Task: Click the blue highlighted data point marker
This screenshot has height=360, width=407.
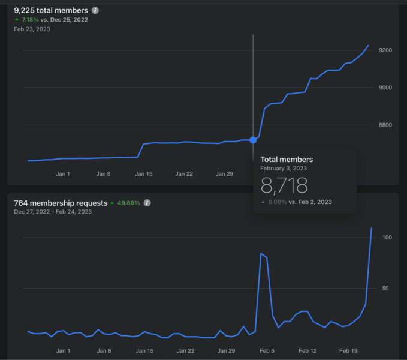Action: [253, 140]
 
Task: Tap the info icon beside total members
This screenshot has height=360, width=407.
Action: [95, 10]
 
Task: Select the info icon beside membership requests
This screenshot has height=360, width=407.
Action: [147, 203]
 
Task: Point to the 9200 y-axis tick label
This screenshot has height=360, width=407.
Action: [385, 50]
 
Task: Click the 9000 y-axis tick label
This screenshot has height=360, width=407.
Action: [385, 88]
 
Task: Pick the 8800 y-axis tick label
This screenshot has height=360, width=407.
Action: [385, 125]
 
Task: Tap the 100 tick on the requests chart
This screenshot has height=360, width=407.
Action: [387, 237]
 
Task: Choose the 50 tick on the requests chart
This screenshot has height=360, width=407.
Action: [385, 288]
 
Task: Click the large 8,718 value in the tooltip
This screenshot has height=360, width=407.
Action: [284, 185]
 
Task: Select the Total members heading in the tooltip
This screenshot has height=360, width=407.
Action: [287, 159]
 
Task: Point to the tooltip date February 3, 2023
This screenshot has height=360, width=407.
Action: [284, 169]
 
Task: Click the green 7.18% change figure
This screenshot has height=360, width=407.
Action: [31, 20]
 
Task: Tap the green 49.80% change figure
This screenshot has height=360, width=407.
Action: [128, 203]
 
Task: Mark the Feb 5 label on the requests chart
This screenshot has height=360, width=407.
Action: [267, 350]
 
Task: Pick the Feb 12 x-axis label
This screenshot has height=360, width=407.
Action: [307, 350]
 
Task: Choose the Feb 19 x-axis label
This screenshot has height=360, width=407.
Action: [348, 350]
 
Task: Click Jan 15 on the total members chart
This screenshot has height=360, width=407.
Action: [143, 174]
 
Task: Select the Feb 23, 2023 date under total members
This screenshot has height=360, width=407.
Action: [32, 29]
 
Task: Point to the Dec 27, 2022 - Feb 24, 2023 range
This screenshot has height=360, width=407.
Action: [53, 212]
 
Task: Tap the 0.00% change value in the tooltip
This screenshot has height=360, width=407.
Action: [278, 202]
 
